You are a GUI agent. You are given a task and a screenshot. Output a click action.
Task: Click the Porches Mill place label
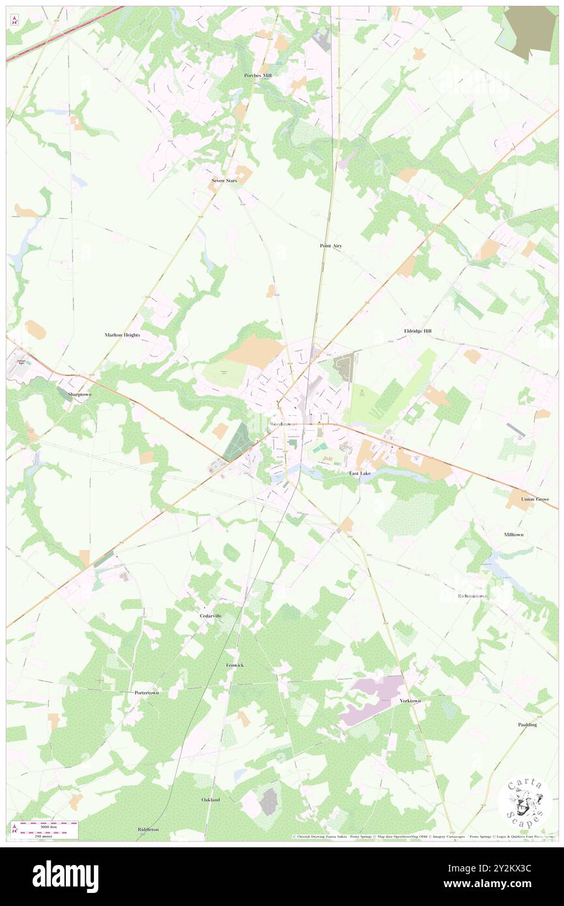pyautogui.click(x=258, y=76)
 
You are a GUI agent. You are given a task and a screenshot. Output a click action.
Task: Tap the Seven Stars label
pyautogui.click(x=224, y=180)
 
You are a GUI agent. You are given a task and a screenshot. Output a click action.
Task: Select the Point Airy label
pyautogui.click(x=331, y=246)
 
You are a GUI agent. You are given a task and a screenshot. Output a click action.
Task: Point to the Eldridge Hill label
pyautogui.click(x=417, y=331)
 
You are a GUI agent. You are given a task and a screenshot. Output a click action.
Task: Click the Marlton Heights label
pyautogui.click(x=122, y=334)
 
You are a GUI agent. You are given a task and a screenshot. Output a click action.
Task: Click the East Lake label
pyautogui.click(x=360, y=473)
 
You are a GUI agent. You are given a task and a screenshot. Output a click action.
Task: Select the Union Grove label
pyautogui.click(x=535, y=499)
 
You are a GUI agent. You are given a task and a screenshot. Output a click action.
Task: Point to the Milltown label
pyautogui.click(x=514, y=534)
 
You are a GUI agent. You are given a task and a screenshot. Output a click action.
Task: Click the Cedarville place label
pyautogui.click(x=211, y=615)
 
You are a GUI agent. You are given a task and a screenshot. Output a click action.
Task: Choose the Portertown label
pyautogui.click(x=147, y=692)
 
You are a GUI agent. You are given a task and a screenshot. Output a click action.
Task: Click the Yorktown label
pyautogui.click(x=410, y=701)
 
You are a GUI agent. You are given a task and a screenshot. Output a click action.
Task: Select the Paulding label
pyautogui.click(x=528, y=724)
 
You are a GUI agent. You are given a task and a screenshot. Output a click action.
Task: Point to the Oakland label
pyautogui.click(x=210, y=799)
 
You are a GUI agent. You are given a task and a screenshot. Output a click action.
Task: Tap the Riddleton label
pyautogui.click(x=148, y=829)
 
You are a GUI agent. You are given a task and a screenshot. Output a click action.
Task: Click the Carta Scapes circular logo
pyautogui.click(x=524, y=803)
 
